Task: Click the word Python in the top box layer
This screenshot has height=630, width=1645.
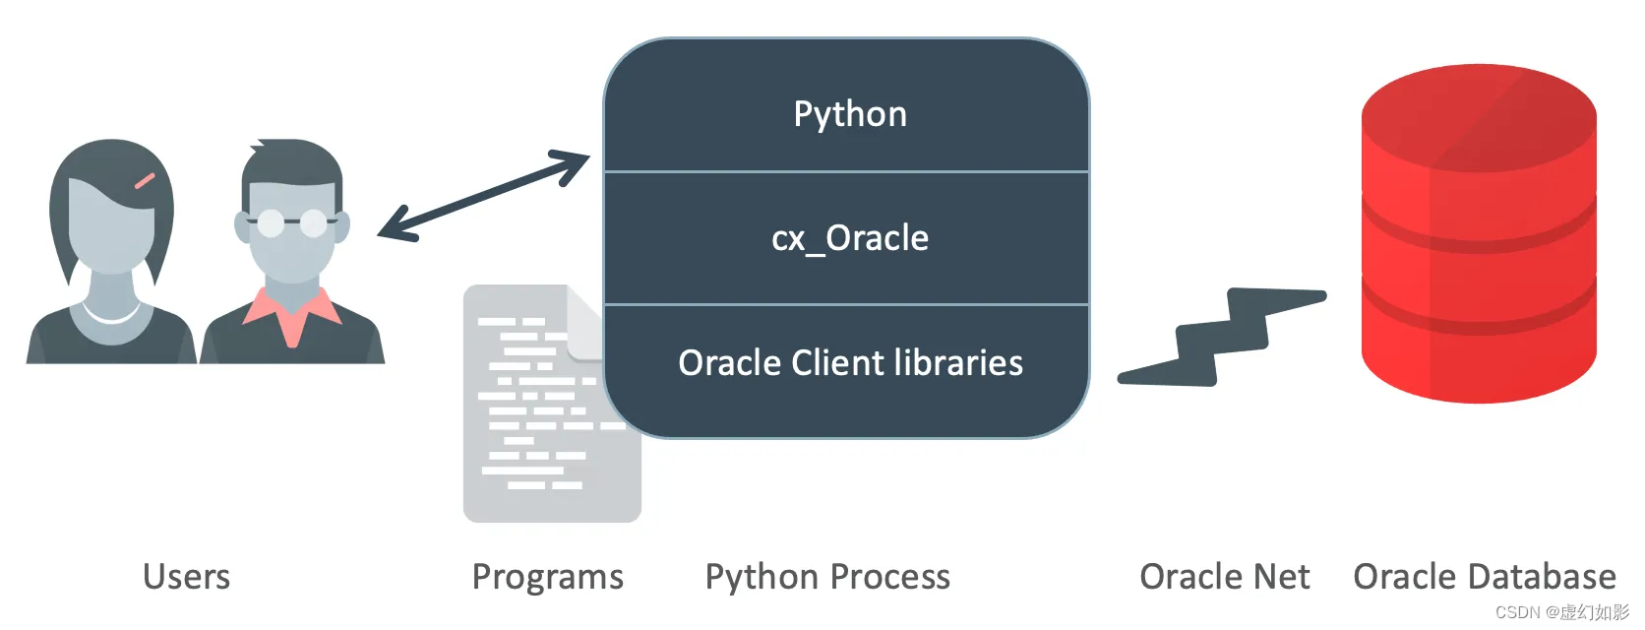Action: (850, 114)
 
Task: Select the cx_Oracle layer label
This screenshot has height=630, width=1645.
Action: (850, 238)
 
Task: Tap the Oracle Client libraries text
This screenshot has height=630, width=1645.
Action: (850, 363)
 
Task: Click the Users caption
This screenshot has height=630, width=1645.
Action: (186, 577)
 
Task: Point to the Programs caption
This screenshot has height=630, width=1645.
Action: (547, 577)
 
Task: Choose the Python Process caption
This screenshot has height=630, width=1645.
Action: (827, 577)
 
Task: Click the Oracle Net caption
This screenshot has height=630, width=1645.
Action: (1224, 577)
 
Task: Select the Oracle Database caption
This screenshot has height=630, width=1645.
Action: (1484, 577)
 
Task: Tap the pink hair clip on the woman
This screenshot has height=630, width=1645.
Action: (145, 181)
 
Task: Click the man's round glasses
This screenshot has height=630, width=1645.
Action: (290, 223)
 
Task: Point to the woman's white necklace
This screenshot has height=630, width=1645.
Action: (111, 315)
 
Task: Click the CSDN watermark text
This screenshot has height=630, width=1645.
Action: (1561, 612)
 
